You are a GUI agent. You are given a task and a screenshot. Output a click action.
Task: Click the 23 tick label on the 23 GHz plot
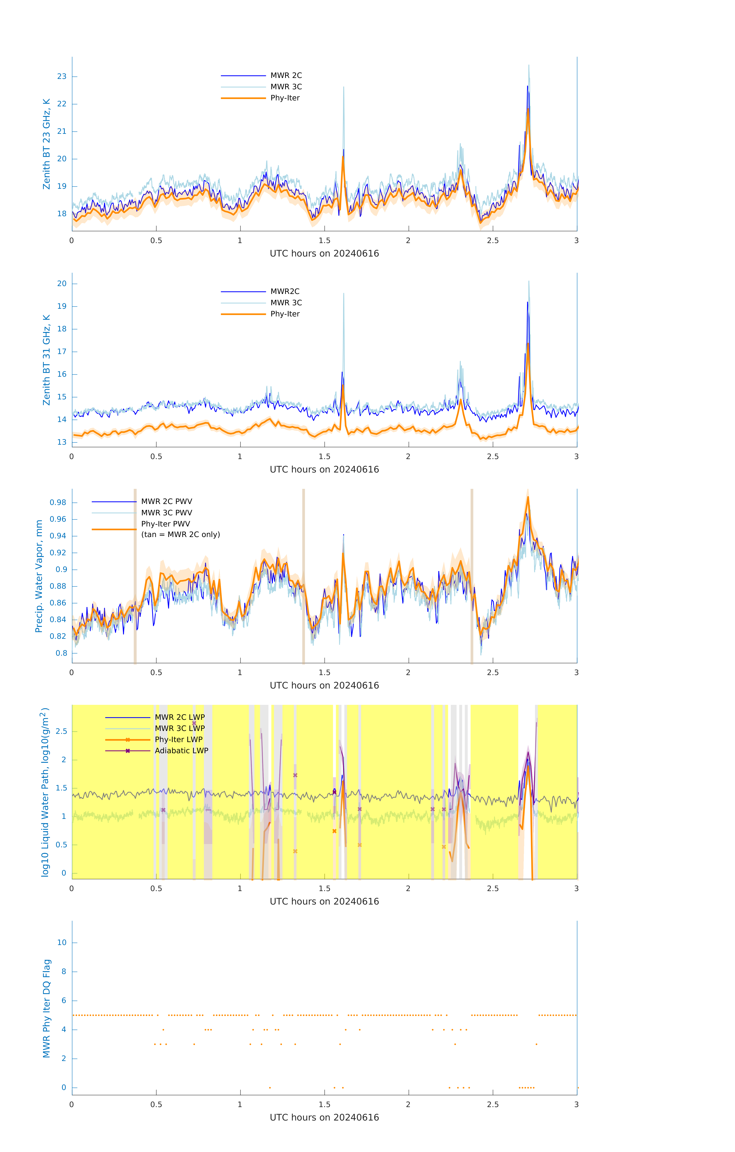point(62,77)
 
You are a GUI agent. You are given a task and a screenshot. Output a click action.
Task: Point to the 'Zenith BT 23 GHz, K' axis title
point(47,144)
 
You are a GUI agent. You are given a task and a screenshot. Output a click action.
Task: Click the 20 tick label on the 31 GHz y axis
point(62,284)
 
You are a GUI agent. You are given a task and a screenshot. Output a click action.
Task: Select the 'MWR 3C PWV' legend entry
point(167,513)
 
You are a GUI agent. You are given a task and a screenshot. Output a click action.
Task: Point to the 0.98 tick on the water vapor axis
point(58,502)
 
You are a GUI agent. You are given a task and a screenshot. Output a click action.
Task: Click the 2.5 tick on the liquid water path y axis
point(61,732)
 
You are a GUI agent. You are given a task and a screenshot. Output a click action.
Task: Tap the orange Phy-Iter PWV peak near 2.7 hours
point(528,497)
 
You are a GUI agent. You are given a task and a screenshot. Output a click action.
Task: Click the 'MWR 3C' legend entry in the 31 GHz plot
point(286,303)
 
